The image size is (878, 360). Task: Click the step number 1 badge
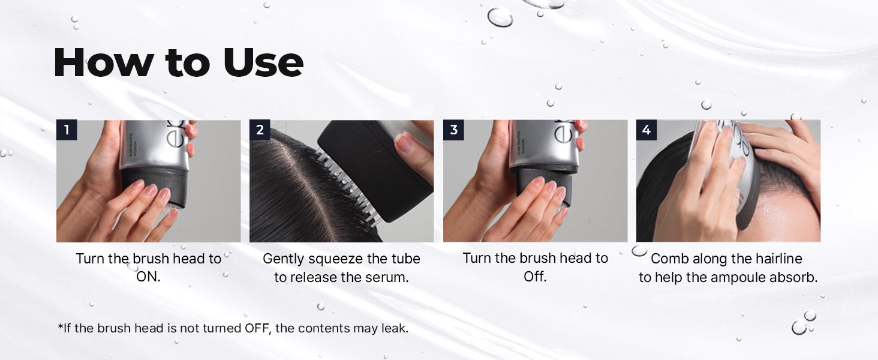pos(67,130)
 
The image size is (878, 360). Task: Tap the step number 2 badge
pos(260,130)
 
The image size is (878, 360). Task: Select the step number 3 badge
pos(453,130)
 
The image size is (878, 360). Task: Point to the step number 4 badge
pos(647,130)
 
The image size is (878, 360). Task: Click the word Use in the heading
pos(263,63)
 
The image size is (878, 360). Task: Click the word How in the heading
pos(103,63)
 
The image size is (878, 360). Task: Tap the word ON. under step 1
pos(148,277)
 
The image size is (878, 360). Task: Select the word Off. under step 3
pos(535,277)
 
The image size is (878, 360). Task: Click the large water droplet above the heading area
pos(500,17)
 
